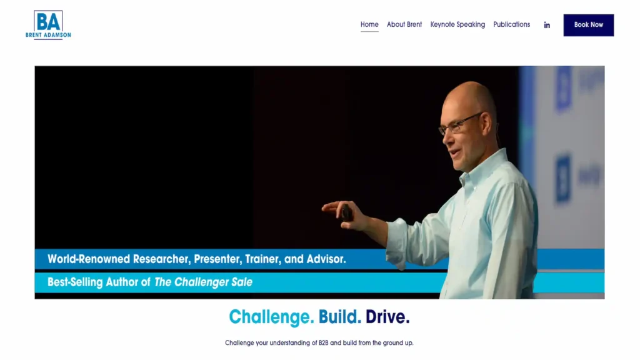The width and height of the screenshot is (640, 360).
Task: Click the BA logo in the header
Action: [48, 25]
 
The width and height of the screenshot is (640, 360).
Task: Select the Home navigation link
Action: [369, 24]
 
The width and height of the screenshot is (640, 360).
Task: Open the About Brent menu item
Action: [404, 24]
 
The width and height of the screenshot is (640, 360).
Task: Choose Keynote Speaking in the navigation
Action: [457, 24]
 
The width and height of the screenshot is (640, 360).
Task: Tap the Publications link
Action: [511, 24]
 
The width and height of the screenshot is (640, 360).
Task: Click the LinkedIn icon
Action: [547, 25]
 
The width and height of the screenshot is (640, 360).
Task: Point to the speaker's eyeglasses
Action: [460, 123]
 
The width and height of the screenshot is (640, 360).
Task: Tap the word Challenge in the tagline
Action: [271, 317]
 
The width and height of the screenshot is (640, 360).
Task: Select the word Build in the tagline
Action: [339, 317]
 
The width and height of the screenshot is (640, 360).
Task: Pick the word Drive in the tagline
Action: [387, 317]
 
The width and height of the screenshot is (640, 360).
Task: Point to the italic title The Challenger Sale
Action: [203, 282]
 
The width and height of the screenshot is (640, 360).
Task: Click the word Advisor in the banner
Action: [326, 259]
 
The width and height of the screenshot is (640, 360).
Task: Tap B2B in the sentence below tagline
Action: [323, 343]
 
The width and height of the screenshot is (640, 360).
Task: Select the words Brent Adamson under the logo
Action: [48, 35]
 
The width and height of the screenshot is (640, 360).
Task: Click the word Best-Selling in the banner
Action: [75, 282]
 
